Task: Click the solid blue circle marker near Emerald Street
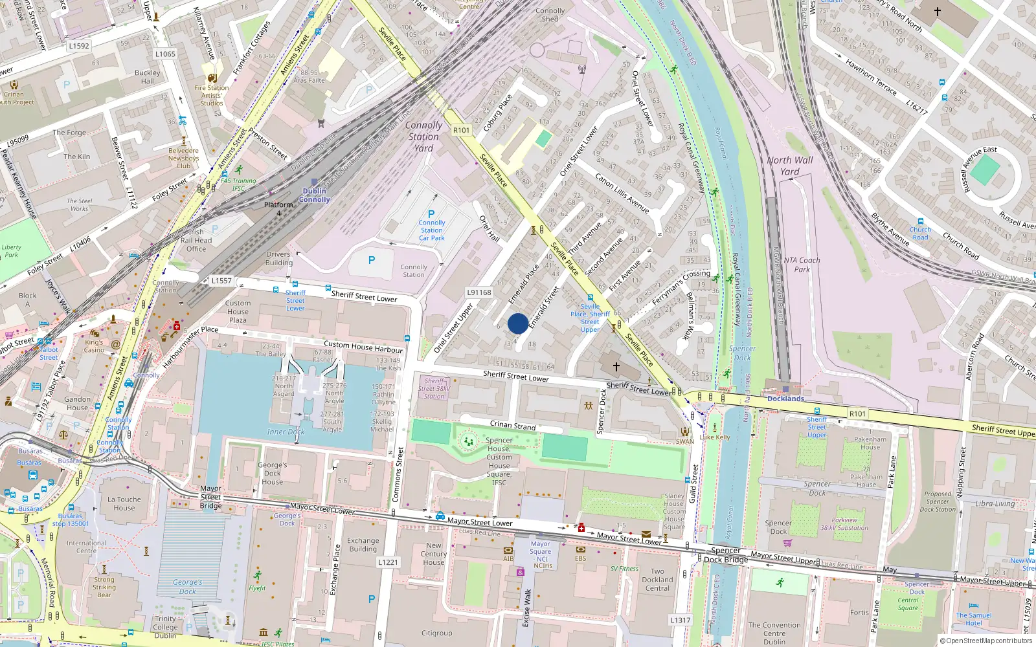(518, 323)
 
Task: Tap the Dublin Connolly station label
(315, 195)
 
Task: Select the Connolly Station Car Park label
(432, 230)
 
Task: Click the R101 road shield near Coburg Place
(462, 130)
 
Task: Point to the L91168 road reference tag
(479, 292)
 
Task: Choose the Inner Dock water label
(286, 432)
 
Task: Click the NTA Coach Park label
(802, 265)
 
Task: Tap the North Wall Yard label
(789, 166)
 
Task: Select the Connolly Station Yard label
(423, 137)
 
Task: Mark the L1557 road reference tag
(221, 281)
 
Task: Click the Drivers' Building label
(279, 258)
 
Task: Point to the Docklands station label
(785, 399)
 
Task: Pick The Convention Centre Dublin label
(774, 633)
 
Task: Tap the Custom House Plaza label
(238, 311)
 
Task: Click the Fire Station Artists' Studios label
(212, 95)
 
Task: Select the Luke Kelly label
(715, 437)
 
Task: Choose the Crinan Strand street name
(513, 425)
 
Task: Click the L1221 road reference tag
(388, 562)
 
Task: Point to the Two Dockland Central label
(657, 580)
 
